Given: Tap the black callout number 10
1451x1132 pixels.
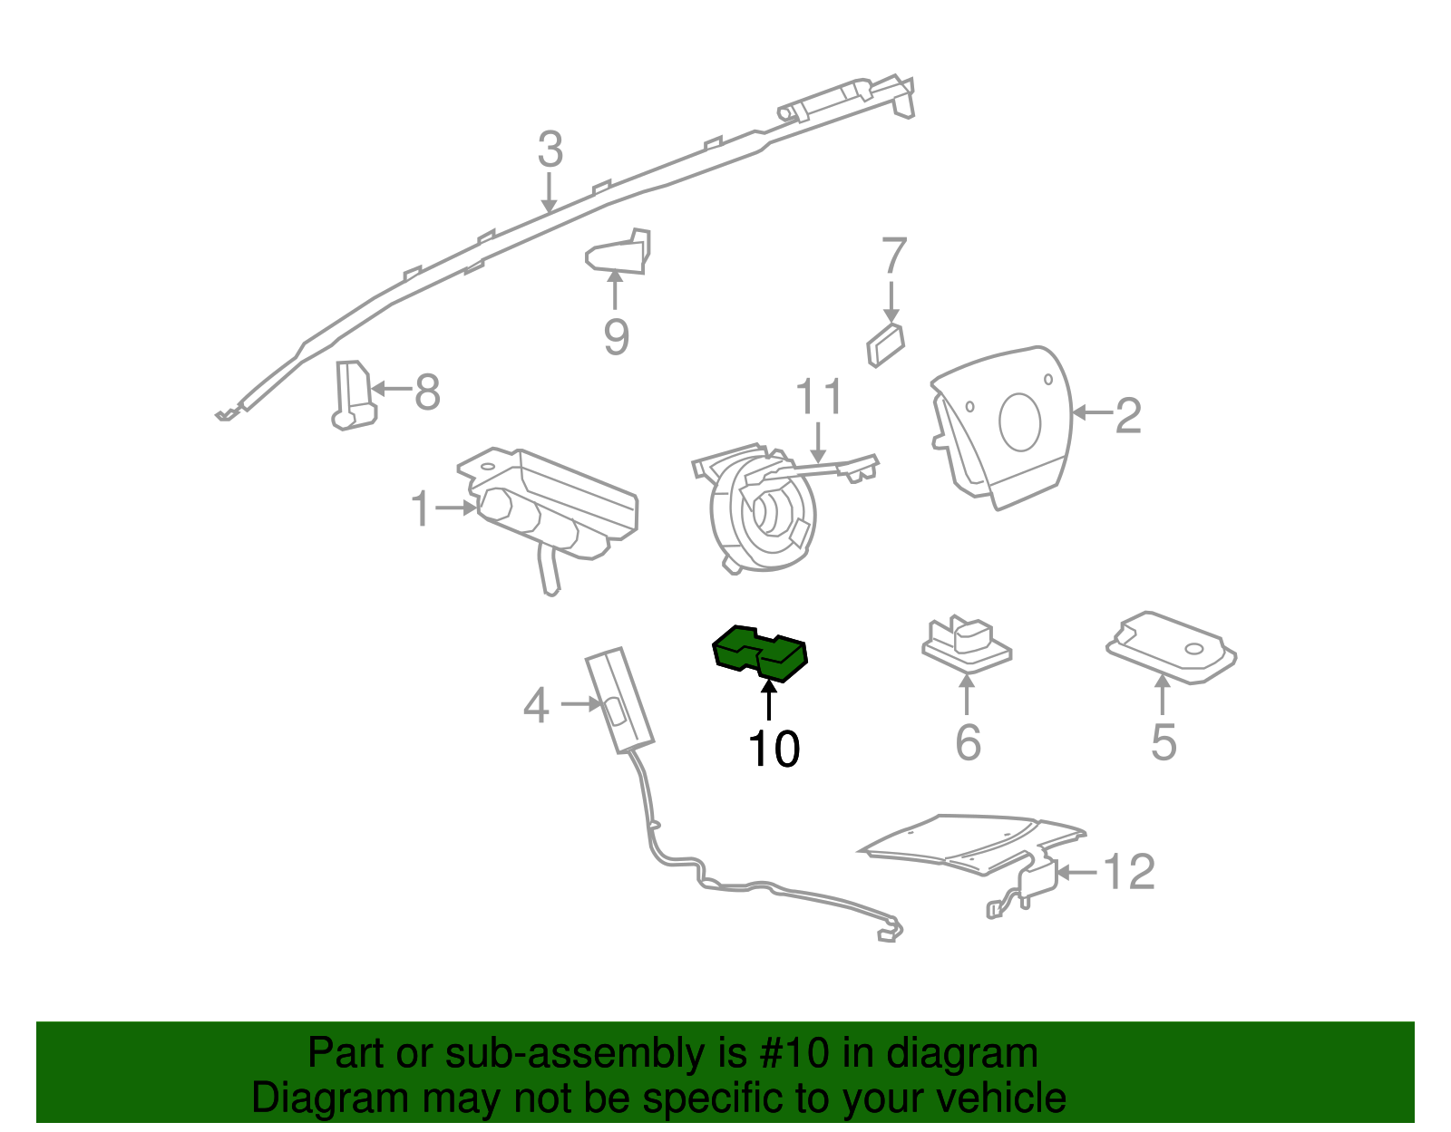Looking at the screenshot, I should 774,750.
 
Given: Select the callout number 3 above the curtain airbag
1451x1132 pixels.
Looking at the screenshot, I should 550,150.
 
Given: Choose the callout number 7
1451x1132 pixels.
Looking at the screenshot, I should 893,256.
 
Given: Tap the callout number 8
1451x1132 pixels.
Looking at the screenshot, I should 427,392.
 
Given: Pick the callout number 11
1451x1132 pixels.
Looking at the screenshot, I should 819,397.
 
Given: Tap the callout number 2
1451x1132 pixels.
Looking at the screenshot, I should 1127,415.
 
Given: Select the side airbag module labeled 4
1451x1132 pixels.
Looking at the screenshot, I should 619,699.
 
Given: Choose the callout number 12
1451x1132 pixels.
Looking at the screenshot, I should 1129,872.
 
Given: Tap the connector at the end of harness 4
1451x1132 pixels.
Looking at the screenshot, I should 890,933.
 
